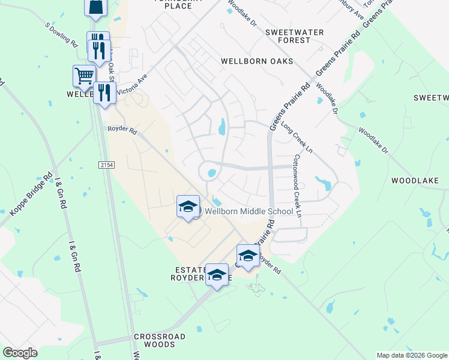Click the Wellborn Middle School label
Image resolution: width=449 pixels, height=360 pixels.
point(249,211)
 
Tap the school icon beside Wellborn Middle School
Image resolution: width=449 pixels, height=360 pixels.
point(188,207)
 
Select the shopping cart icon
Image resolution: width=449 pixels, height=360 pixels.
point(84,76)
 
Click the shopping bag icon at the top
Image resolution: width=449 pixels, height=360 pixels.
point(95,7)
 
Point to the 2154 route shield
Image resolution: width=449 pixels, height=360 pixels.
point(106,164)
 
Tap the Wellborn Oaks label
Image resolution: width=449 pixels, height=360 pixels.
point(256,61)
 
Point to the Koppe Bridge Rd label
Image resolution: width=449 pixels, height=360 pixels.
point(30,196)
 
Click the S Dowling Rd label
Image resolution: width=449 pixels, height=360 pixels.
point(62,35)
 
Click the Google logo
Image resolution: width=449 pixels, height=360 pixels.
point(20,353)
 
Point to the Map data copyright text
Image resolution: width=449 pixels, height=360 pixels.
point(412,355)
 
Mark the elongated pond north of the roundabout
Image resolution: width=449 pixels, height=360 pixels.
point(222,127)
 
